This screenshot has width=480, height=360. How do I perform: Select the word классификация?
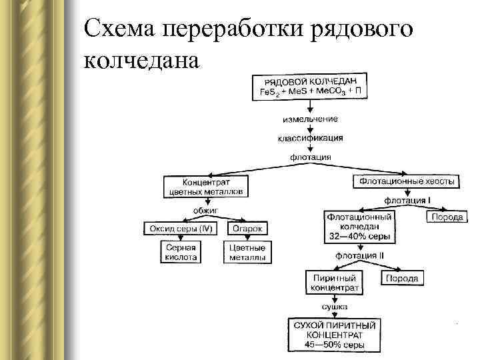click(x=311, y=138)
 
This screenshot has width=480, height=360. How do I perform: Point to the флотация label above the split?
click(x=311, y=157)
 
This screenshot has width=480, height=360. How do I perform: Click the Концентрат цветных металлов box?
click(x=206, y=186)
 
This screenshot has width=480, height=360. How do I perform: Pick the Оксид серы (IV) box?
click(x=182, y=229)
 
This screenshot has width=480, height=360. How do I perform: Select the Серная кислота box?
click(x=180, y=252)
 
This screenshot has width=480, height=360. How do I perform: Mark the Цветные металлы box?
click(x=247, y=252)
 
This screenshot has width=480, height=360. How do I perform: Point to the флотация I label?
click(x=407, y=200)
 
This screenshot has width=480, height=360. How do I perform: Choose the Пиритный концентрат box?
click(x=335, y=283)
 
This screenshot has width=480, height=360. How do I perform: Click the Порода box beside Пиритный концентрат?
click(x=402, y=278)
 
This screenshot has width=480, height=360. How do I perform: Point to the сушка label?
click(x=335, y=306)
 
